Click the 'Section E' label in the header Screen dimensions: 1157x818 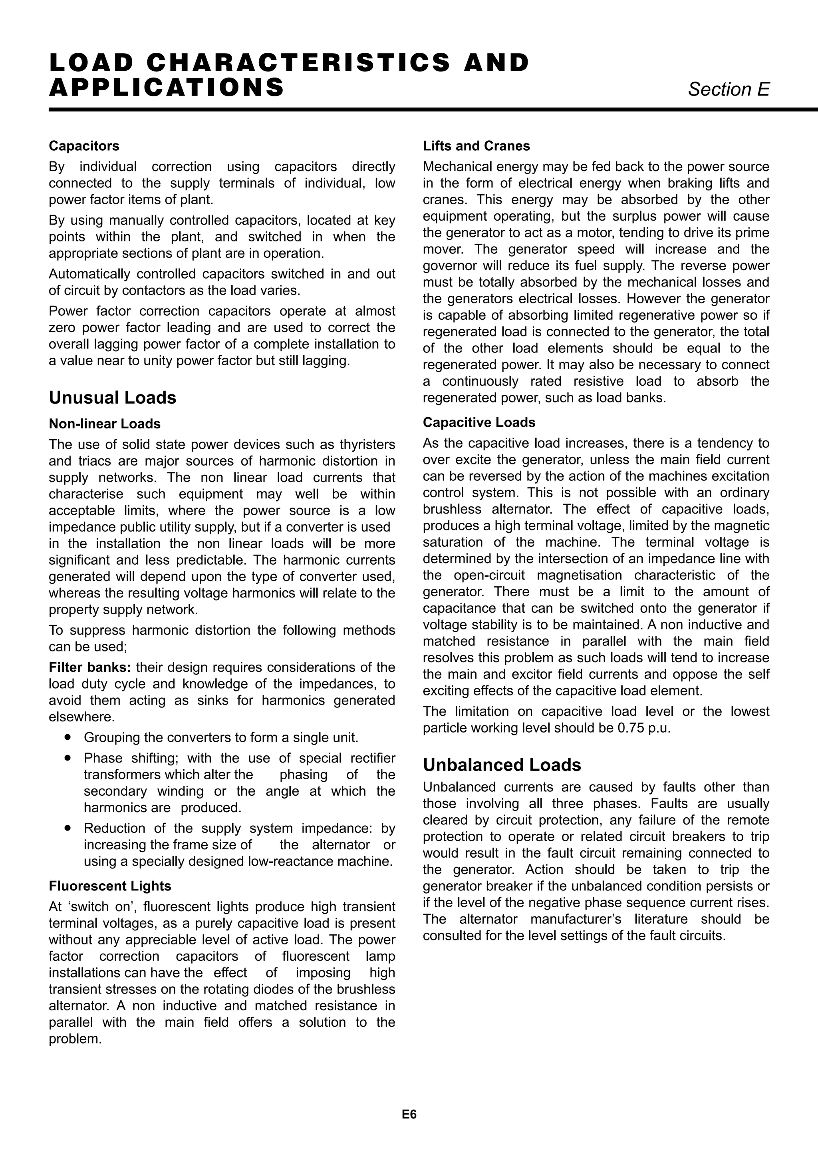[x=729, y=89]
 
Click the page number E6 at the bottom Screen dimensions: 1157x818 [x=409, y=1114]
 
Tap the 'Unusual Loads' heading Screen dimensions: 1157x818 [x=112, y=398]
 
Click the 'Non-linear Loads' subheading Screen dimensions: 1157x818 [x=104, y=424]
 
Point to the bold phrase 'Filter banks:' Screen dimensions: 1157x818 [x=89, y=667]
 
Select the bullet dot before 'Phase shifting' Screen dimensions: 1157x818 [x=68, y=758]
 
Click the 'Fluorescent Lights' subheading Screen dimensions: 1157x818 [x=110, y=886]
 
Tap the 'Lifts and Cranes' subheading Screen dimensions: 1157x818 [x=476, y=146]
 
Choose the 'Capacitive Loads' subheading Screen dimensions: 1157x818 [x=478, y=422]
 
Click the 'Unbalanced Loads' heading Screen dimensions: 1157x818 [x=502, y=765]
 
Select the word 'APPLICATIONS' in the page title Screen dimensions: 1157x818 [x=167, y=87]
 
